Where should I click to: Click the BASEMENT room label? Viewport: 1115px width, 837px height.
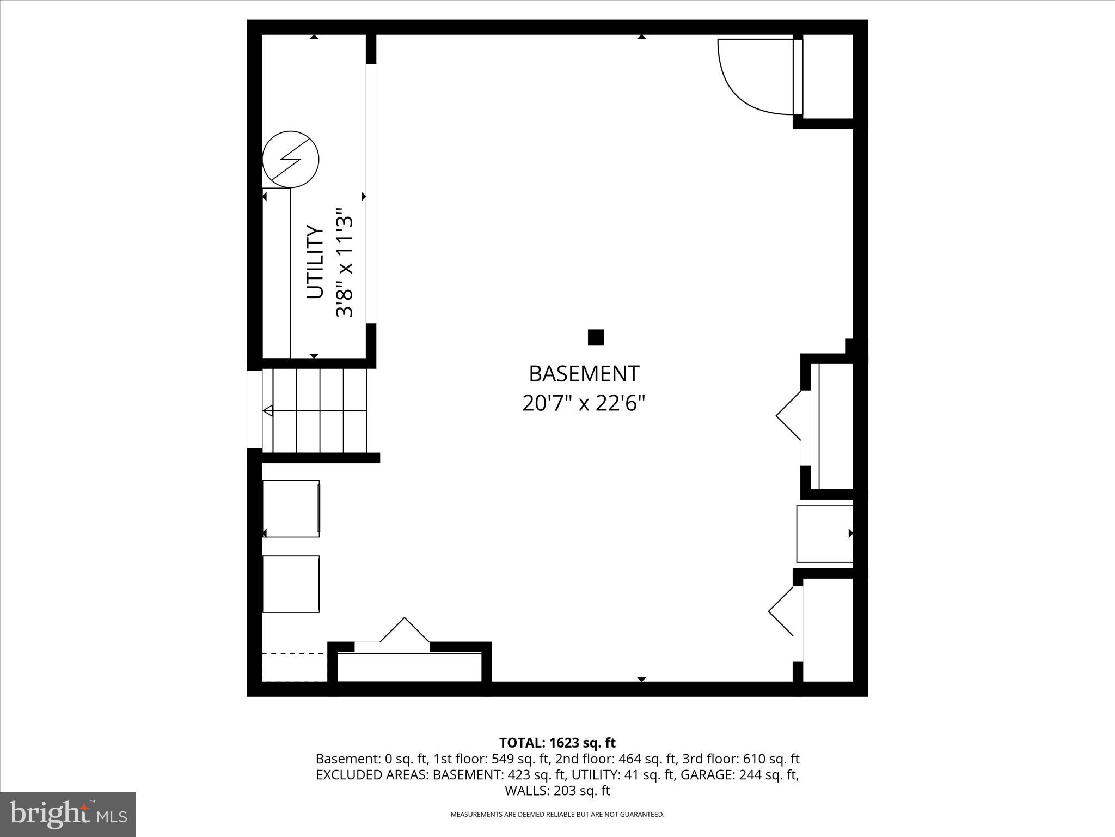click(584, 374)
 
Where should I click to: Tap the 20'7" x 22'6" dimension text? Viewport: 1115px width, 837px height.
click(584, 404)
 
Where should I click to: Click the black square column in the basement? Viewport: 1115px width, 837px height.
click(596, 337)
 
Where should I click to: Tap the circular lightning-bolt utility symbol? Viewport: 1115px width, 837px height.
click(290, 160)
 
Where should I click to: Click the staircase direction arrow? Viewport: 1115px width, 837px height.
click(268, 411)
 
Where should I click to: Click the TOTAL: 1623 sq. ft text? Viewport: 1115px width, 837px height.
click(557, 743)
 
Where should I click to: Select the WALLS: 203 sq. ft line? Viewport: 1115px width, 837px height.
click(557, 791)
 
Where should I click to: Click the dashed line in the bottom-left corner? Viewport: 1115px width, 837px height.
click(294, 653)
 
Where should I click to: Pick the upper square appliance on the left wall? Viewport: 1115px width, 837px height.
click(291, 508)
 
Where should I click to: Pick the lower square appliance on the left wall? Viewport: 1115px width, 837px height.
click(291, 584)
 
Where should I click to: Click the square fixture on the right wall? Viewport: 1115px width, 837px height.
click(824, 534)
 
